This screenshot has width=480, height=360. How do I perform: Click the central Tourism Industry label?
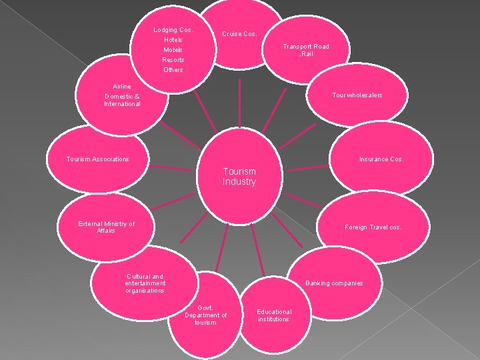239,177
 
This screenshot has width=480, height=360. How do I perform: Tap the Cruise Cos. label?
239,33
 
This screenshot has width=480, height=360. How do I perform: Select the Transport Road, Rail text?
306,50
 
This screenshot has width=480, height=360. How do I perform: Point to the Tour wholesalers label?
357,95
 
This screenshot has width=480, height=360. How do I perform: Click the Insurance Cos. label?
381,159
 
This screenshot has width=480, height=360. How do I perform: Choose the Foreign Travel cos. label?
373,227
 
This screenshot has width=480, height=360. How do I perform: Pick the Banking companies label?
334,283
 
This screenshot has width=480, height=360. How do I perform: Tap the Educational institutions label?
274,315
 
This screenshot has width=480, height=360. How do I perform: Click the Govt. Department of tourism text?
205,315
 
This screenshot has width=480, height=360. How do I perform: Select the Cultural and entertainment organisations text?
145,283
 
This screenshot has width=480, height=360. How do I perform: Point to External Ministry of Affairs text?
106,227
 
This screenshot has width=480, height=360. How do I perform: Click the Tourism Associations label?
98,159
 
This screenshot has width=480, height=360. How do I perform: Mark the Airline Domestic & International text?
122,95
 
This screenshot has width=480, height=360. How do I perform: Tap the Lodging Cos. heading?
173,30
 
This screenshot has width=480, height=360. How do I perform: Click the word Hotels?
173,40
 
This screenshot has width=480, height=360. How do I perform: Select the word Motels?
173,50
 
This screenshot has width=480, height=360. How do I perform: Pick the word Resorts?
173,60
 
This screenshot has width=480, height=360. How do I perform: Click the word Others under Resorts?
173,70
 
